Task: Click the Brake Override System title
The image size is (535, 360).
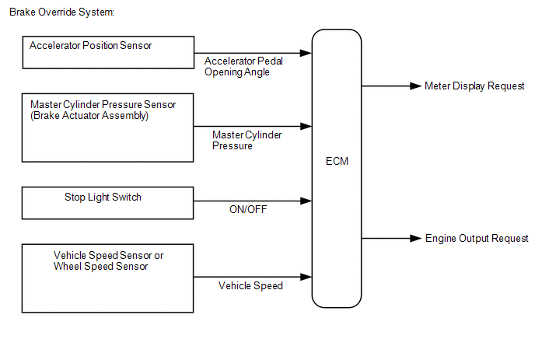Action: [x=61, y=12]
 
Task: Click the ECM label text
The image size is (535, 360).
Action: [x=337, y=161]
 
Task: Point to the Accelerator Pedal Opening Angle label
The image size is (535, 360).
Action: [x=243, y=67]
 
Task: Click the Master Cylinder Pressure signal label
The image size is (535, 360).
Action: [x=247, y=140]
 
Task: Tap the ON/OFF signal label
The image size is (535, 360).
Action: [x=248, y=209]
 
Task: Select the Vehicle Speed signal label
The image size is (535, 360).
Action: [x=250, y=285]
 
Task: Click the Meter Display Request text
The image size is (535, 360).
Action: [x=474, y=86]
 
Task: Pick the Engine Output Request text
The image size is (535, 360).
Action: [x=477, y=238]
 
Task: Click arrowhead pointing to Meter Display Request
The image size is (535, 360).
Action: [x=416, y=86]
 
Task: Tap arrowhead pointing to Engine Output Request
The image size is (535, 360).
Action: [x=416, y=238]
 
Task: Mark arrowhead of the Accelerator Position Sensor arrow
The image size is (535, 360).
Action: [x=306, y=53]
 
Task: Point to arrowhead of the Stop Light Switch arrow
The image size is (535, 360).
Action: [x=306, y=201]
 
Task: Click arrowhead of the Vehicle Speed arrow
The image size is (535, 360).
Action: [x=306, y=277]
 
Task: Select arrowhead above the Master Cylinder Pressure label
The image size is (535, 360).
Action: [x=306, y=126]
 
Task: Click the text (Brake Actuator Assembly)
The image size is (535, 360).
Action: [x=89, y=116]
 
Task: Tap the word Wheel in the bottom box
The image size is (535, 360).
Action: [x=68, y=266]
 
